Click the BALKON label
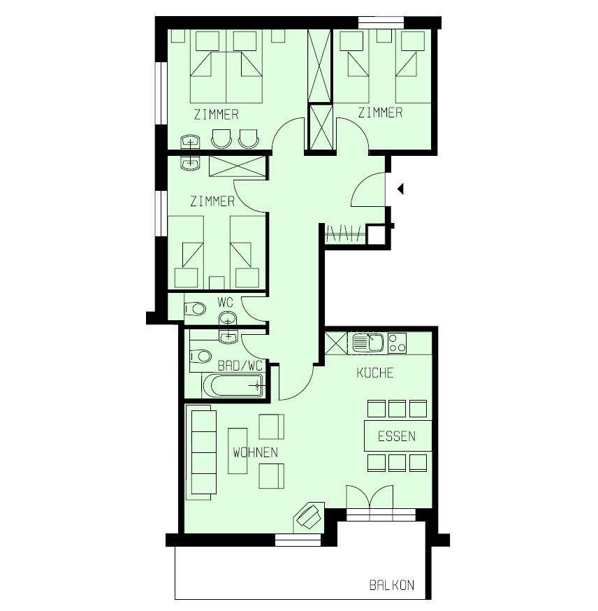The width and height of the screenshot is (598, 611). [392, 585]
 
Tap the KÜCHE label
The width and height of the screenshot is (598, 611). [375, 373]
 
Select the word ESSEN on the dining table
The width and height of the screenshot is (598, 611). [397, 436]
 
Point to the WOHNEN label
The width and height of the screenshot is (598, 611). [256, 452]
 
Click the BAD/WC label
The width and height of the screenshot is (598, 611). [240, 366]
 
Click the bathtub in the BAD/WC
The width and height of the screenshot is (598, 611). [233, 385]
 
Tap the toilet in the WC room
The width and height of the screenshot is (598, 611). [195, 308]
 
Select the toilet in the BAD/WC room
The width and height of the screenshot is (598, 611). [200, 355]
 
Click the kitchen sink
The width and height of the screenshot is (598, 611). [368, 343]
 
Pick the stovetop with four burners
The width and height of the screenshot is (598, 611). [397, 343]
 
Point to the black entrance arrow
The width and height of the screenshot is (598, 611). [400, 189]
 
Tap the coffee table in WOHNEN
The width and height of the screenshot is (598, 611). [238, 451]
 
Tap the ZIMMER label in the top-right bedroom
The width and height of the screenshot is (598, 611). [380, 113]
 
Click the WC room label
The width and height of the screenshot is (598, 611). [226, 302]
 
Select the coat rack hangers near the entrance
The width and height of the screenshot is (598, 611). [344, 233]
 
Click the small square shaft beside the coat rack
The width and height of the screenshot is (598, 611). [377, 235]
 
